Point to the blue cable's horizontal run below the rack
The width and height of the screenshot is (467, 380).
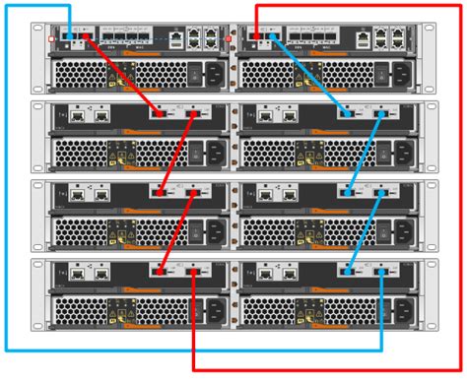[197, 350]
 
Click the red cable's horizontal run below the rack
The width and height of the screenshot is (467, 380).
[325, 370]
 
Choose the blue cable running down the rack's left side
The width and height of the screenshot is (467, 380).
[7, 197]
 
